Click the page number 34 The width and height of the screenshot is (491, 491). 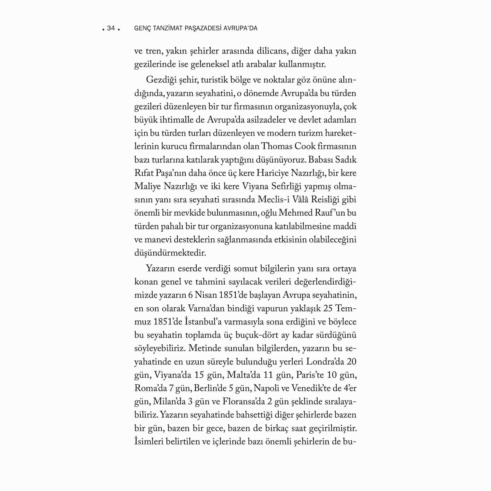[x=111, y=28]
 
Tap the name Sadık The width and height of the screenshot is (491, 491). [x=346, y=160]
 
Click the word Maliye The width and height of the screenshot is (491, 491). [x=147, y=186]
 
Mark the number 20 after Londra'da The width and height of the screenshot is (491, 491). [x=352, y=361]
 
